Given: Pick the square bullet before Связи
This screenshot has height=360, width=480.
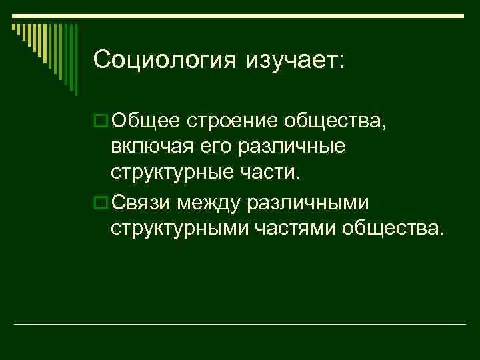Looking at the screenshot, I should [x=101, y=202].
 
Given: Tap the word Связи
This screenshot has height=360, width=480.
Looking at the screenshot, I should [x=147, y=202].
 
